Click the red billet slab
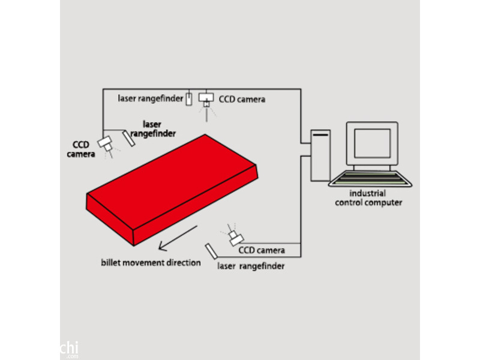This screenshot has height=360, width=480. tap(172, 190)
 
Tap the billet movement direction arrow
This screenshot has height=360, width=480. tap(178, 238)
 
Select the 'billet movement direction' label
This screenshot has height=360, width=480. tap(151, 263)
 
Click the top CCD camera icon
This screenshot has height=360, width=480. tap(206, 100)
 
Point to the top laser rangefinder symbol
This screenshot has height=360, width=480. tap(189, 99)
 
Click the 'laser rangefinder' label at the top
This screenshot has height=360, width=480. tap(151, 98)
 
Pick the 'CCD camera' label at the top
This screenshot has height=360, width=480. tap(242, 99)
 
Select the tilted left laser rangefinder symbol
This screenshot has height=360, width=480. tap(128, 139)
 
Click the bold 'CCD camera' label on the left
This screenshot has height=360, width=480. tap(81, 149)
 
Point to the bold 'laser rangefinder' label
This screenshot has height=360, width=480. tap(153, 129)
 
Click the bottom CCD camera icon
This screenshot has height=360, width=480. tap(236, 238)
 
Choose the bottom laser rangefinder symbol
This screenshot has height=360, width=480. tap(211, 251)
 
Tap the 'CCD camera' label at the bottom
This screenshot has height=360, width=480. tap(262, 250)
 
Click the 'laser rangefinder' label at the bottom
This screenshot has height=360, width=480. tap(251, 266)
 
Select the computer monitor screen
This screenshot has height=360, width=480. tap(372, 143)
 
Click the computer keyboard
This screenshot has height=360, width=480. tap(370, 179)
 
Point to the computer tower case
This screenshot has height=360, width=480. tap(320, 155)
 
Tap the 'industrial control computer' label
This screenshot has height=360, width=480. tap(368, 198)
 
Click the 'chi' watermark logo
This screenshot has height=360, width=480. tap(70, 349)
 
